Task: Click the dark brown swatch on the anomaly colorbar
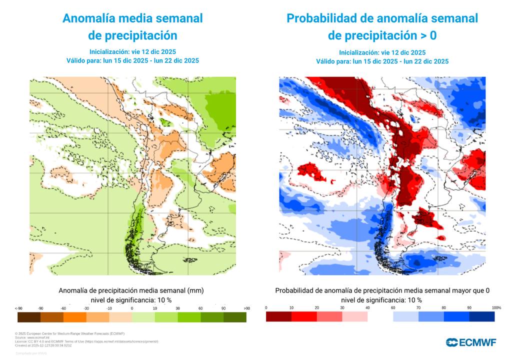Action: pyautogui.click(x=28, y=317)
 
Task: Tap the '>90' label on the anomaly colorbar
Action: pyautogui.click(x=246, y=308)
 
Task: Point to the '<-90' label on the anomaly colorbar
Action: pyautogui.click(x=18, y=308)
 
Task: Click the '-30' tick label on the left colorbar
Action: pyautogui.click(x=86, y=308)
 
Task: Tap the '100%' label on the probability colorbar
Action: pyautogui.click(x=496, y=307)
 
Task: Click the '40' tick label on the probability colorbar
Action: pyautogui.click(x=367, y=307)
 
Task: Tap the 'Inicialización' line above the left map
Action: pyautogui.click(x=132, y=51)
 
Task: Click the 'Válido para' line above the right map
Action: pyautogui.click(x=382, y=61)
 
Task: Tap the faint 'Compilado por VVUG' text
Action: pyautogui.click(x=31, y=353)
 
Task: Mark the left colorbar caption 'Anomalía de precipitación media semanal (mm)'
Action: pyautogui.click(x=131, y=290)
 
